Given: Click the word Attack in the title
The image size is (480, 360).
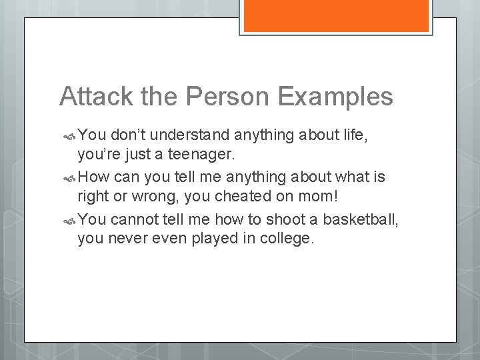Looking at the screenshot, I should click(93, 97).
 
